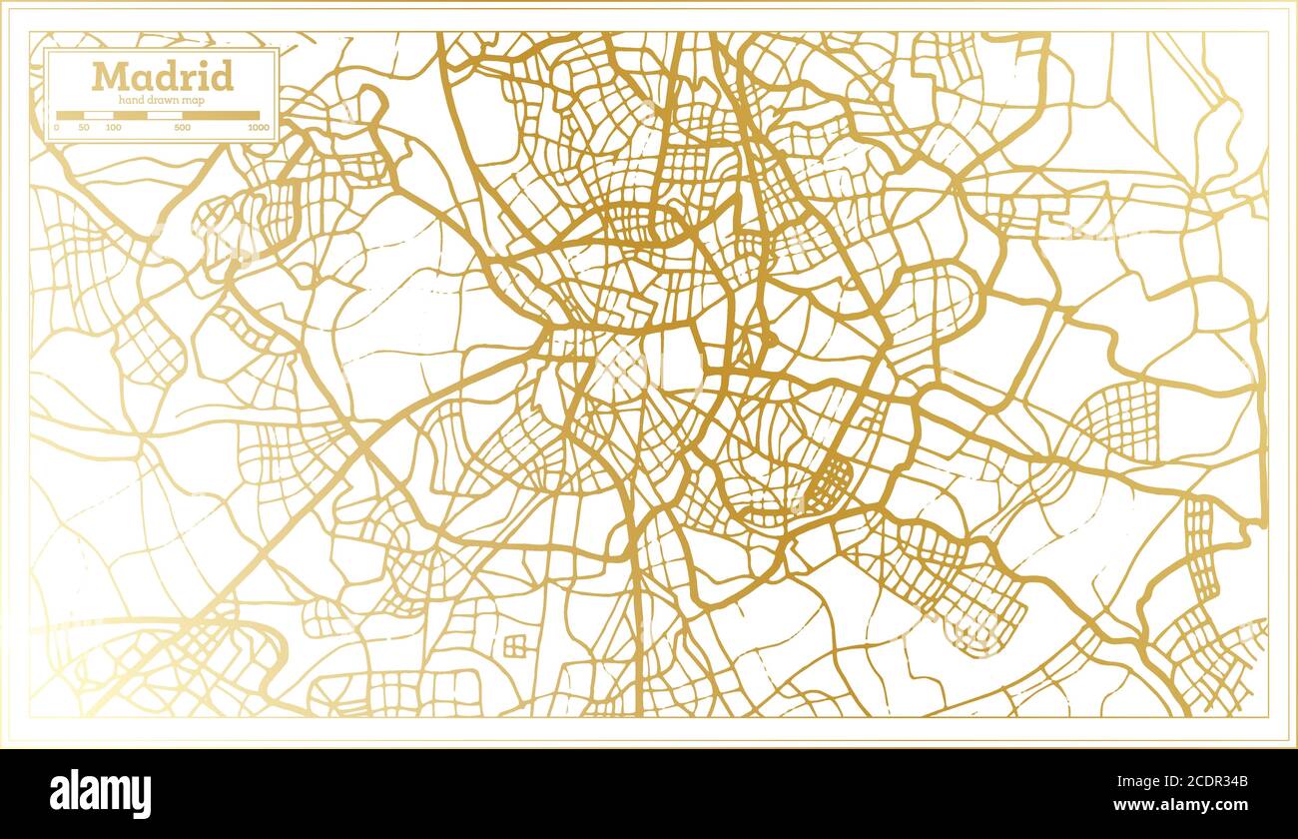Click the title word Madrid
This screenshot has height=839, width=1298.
pos(163,76)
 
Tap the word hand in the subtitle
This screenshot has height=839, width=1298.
pos(131,99)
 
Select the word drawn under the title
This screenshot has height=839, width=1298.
pos(163,99)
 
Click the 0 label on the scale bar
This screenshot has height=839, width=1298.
pos(57,128)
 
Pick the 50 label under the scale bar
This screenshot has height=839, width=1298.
pos(84,128)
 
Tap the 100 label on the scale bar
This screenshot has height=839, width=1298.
pos(113,128)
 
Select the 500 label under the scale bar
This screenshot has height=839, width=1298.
pos(183,128)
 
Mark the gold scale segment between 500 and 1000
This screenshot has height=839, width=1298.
pos(222,116)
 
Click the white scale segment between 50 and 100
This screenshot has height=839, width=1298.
pos(99,116)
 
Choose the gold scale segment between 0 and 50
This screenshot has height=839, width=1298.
pos(70,116)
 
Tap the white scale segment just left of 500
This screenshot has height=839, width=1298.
pos(166,116)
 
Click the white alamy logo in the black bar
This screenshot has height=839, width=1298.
pos(101,794)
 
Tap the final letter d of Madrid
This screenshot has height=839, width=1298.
pos(223,76)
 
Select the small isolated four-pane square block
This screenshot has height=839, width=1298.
pos(515,645)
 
